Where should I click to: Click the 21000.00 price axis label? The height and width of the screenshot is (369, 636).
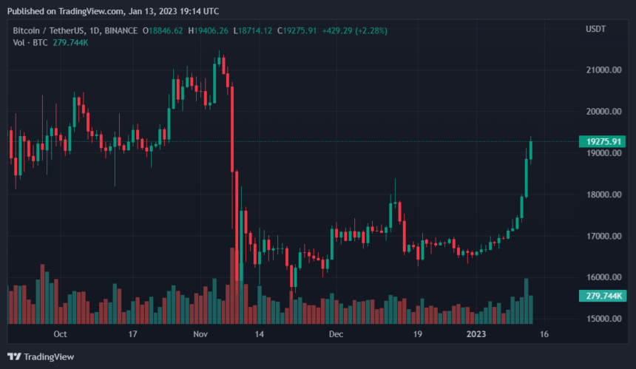603,70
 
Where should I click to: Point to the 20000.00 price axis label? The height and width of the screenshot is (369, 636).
603,112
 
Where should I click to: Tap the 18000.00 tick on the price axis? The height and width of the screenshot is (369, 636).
603,194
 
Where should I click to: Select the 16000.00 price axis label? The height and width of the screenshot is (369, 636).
603,277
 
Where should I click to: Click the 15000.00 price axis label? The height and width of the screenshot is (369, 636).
603,319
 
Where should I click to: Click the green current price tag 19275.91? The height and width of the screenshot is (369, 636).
602,141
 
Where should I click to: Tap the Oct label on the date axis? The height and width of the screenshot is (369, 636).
60,334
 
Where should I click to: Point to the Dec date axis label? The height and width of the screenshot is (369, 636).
336,334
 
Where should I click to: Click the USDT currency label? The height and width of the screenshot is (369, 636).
595,30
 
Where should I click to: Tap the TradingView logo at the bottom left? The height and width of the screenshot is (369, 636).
41,356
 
